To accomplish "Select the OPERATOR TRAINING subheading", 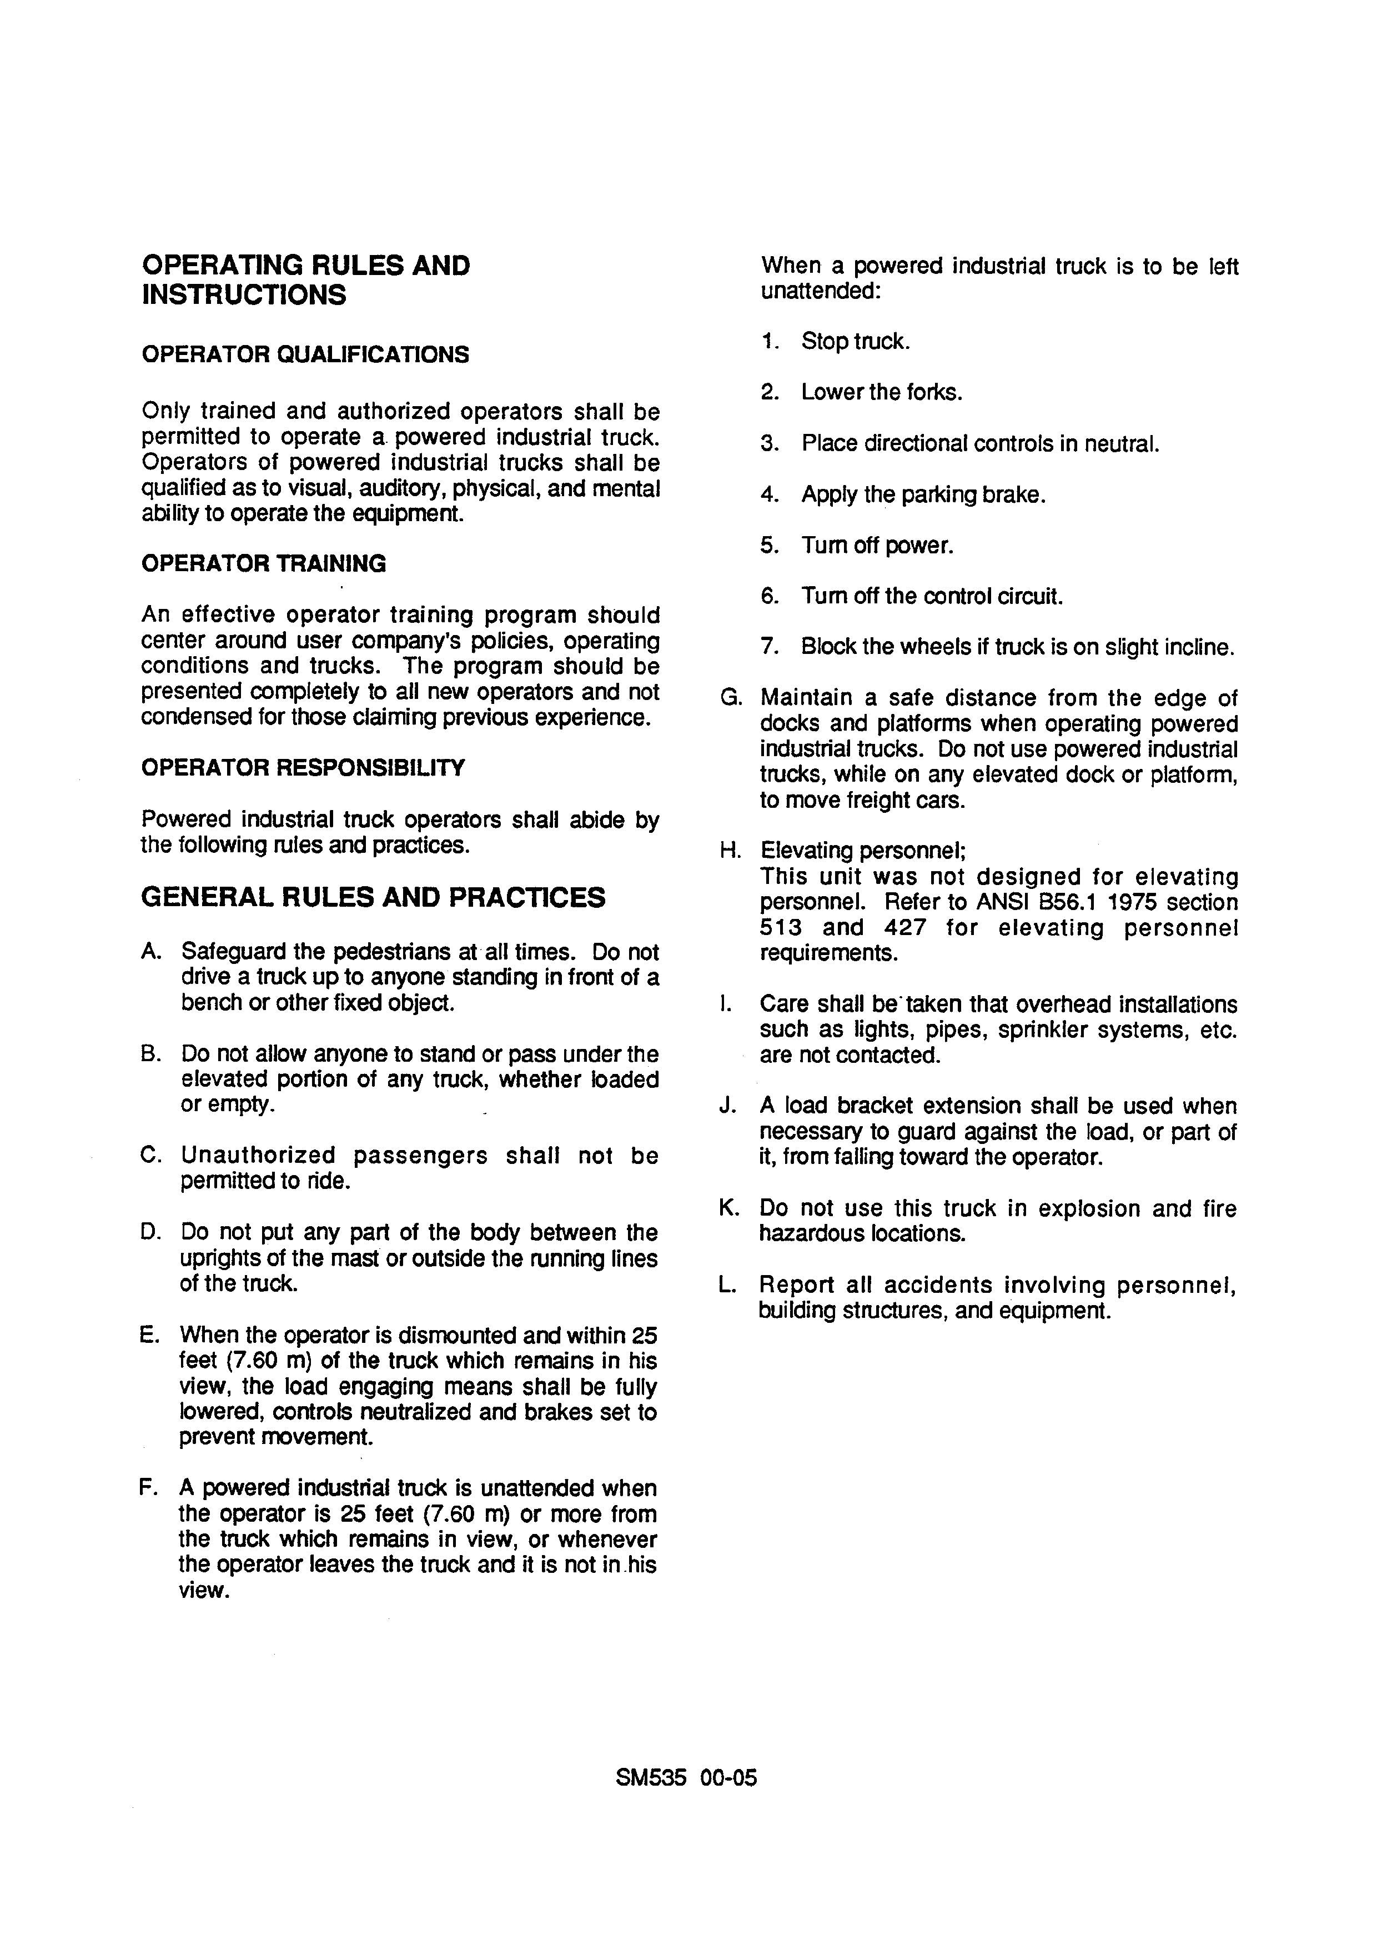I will click(x=263, y=564).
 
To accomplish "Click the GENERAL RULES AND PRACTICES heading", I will click(x=373, y=897).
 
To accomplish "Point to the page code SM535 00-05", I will click(x=686, y=1777).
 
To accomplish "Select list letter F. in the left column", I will click(x=148, y=1488).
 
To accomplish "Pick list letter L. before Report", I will click(x=727, y=1285).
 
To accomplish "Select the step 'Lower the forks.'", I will click(x=882, y=392).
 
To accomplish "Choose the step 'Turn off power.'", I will click(x=877, y=545).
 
